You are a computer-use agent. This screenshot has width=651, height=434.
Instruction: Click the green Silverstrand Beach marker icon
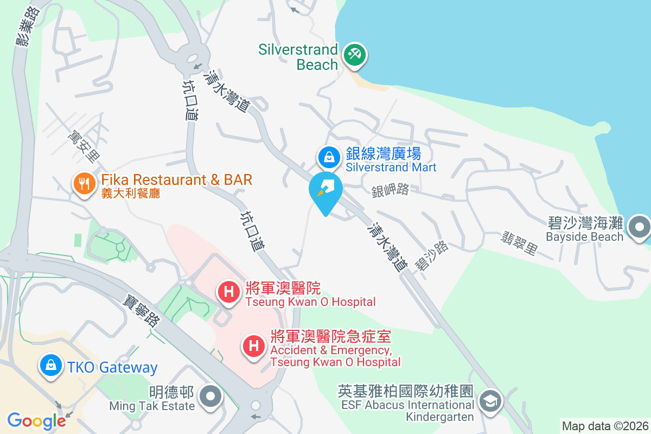point(354,55)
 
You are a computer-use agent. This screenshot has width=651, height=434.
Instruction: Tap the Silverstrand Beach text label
point(298,57)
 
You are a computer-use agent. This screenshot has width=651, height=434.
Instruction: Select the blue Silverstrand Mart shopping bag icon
point(329,157)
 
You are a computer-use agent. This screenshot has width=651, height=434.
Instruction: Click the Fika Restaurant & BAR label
point(177,180)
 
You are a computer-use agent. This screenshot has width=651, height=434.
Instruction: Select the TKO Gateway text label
point(113,367)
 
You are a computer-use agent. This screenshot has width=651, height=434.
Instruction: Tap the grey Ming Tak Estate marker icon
point(210,397)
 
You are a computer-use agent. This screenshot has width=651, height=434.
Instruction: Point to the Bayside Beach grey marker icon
point(640,227)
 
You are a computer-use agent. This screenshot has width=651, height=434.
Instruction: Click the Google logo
point(36,420)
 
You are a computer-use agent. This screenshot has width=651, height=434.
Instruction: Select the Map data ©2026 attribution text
point(605,426)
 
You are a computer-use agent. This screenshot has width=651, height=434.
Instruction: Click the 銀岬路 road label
point(390,190)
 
